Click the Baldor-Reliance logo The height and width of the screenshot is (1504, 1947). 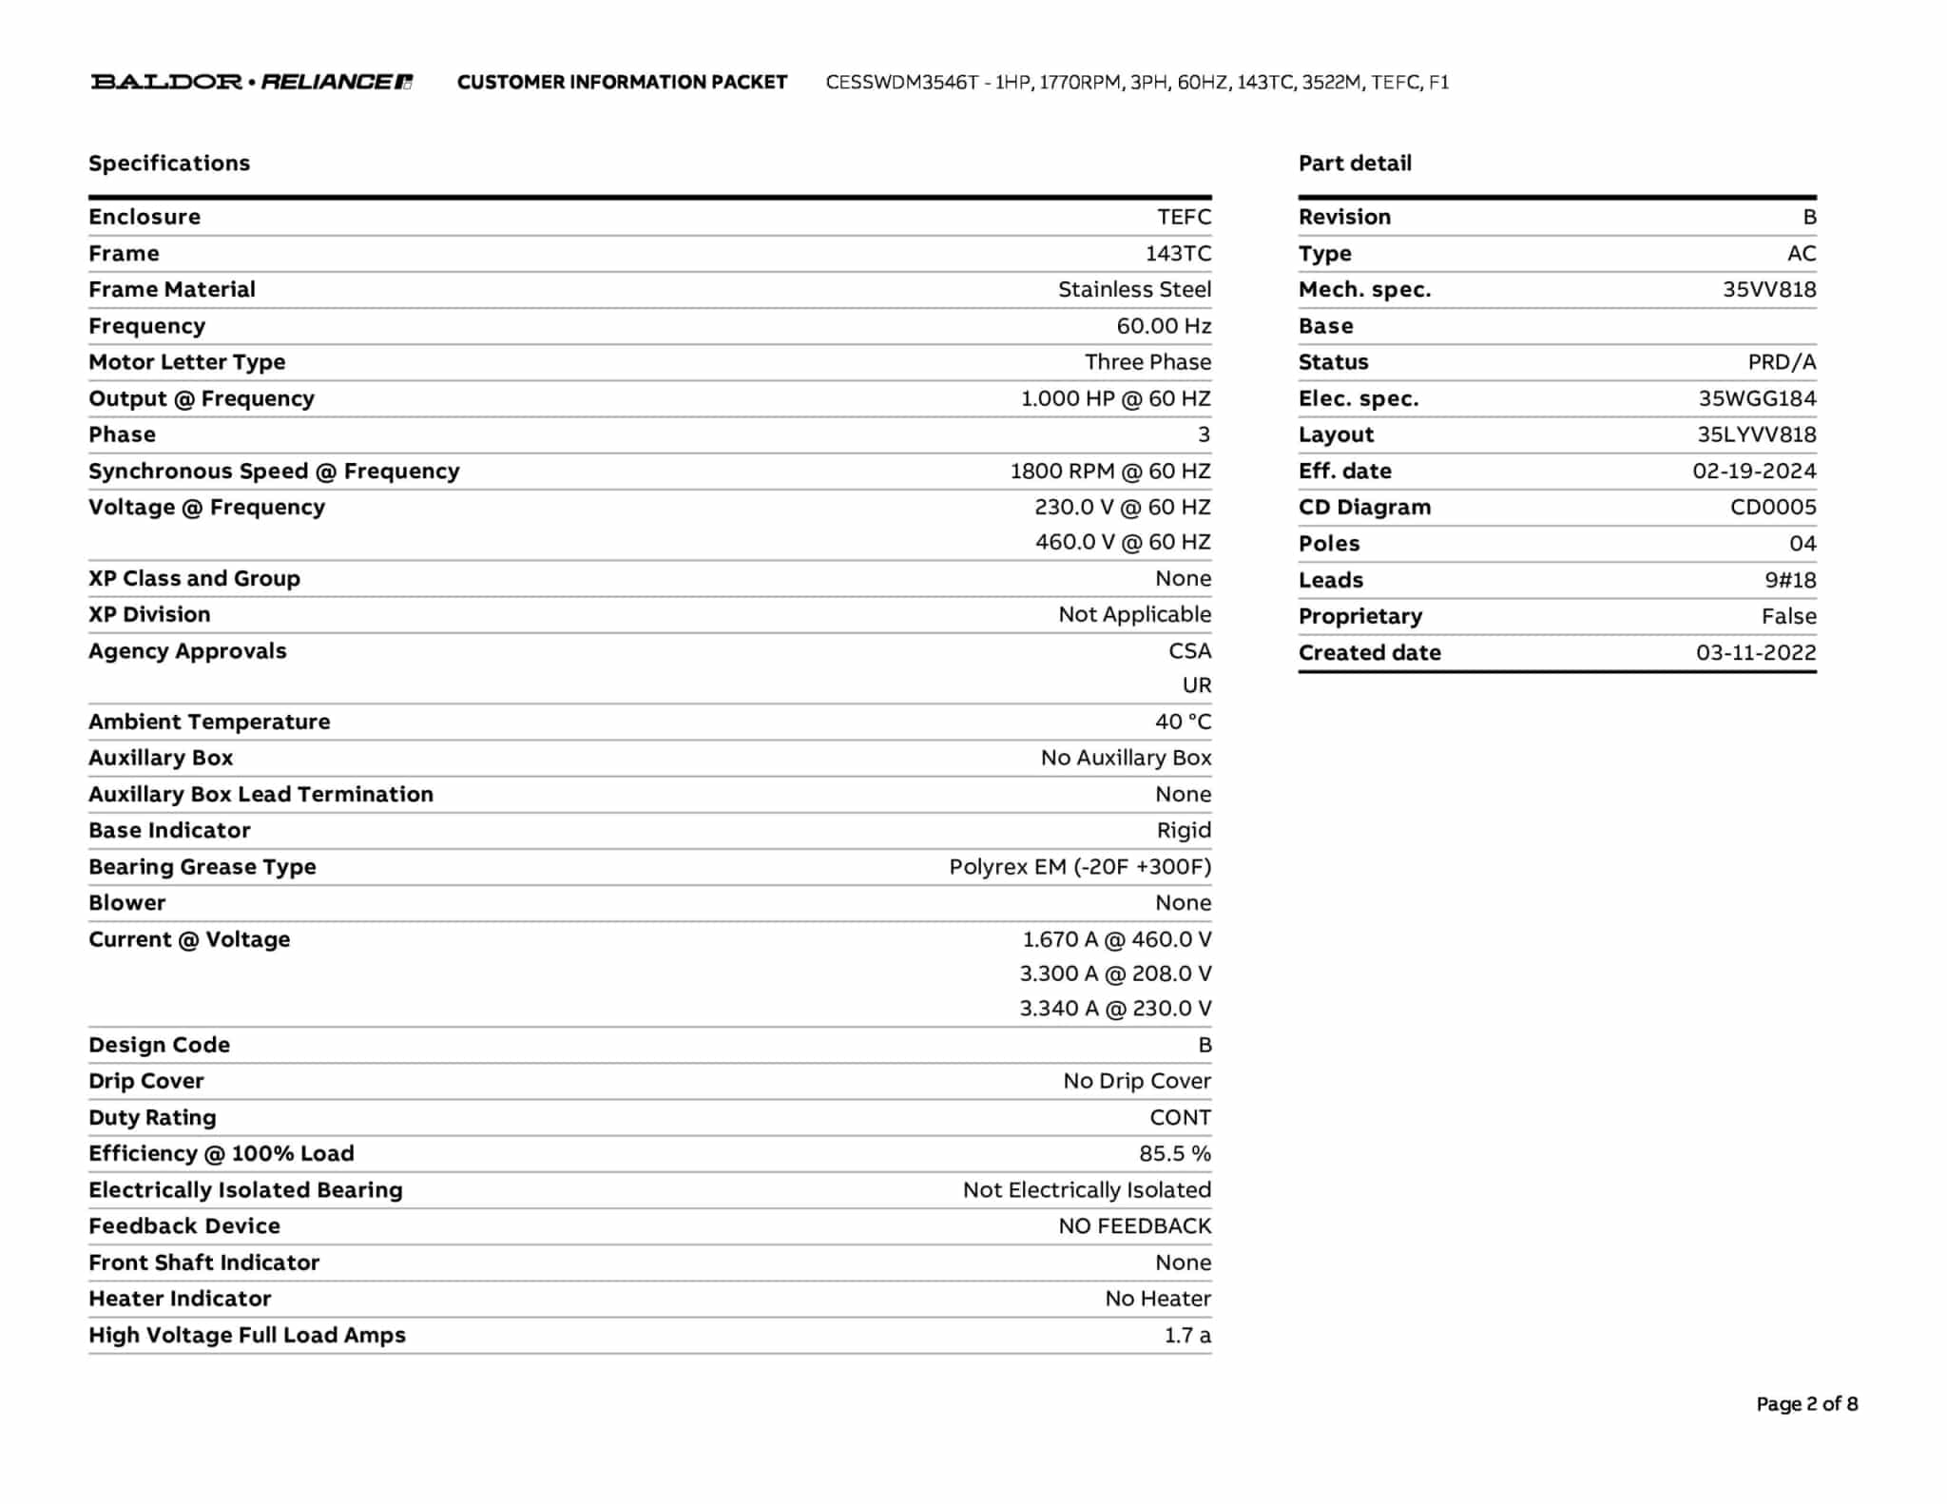coord(252,82)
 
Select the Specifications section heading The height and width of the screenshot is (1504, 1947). coord(169,164)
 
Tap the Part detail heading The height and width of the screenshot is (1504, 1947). coord(1355,164)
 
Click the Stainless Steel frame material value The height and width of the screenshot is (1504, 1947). coord(1134,290)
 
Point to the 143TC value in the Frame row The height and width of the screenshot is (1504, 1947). coord(1178,254)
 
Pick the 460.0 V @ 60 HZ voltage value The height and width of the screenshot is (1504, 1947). coord(1123,542)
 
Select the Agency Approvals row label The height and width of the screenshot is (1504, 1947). coord(187,651)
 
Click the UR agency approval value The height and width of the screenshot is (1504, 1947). coord(1197,685)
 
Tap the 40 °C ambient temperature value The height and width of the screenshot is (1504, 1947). coord(1183,722)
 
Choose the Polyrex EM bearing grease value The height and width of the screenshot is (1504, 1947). coord(1080,867)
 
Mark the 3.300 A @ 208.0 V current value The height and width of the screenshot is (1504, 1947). coord(1115,974)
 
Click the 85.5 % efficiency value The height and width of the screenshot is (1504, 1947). coord(1175,1153)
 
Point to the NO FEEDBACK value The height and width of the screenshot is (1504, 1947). coord(1134,1226)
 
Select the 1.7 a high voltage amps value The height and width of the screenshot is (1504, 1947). coord(1187,1336)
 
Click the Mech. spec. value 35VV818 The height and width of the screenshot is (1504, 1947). coord(1768,290)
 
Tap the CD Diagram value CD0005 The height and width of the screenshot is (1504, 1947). coord(1772,508)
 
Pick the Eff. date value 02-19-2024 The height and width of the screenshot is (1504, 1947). coord(1754,472)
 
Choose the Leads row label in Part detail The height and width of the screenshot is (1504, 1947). coord(1330,580)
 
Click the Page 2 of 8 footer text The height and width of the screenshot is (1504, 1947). coord(1806,1404)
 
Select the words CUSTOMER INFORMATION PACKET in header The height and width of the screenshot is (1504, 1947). coord(622,83)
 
